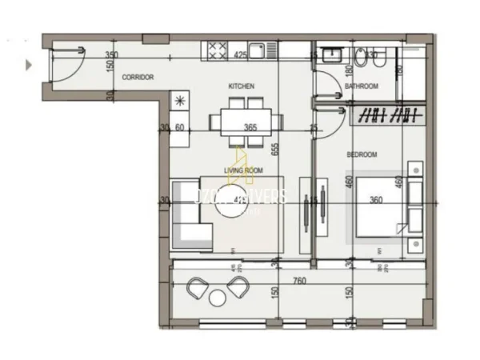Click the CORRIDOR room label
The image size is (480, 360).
[138, 78]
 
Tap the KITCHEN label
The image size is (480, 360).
[241, 86]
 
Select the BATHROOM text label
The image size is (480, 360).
[360, 86]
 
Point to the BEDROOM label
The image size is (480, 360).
[362, 154]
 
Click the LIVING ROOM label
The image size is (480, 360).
[243, 170]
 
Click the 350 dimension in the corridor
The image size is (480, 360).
[112, 55]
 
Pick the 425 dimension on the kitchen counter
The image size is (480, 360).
[238, 56]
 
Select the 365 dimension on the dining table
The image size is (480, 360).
[250, 127]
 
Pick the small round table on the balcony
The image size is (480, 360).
[218, 298]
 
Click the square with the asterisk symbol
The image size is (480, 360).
[179, 100]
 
